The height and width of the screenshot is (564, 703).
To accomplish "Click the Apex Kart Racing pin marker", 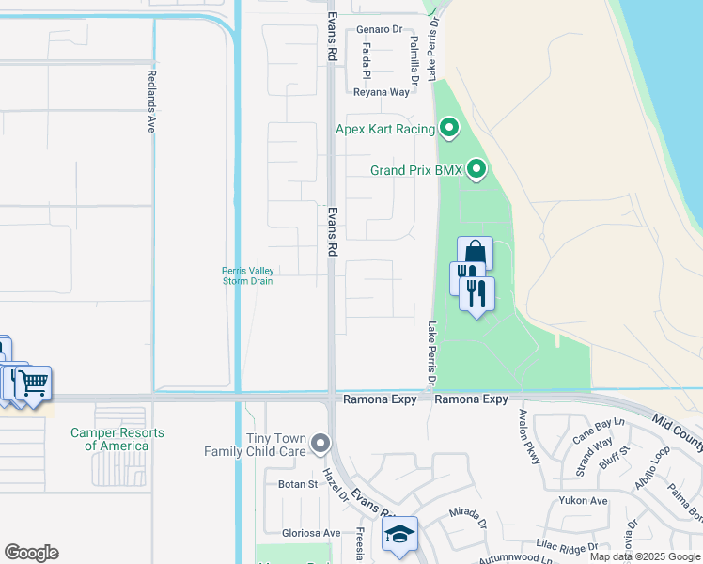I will click(449, 128).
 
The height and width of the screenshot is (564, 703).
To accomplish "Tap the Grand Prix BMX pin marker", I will click(476, 169).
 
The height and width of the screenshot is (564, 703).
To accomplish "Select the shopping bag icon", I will click(475, 254).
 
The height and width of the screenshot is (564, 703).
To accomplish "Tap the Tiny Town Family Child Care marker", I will click(321, 442).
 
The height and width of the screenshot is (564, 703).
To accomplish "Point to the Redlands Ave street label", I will click(150, 100).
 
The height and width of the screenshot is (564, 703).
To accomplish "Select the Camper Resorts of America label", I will click(117, 439).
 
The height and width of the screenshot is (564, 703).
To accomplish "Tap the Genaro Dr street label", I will click(379, 30).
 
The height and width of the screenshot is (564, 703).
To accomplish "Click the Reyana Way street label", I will click(382, 92).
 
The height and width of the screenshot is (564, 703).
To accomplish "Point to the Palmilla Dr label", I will click(414, 55).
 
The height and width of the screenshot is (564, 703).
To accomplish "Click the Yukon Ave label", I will click(583, 501).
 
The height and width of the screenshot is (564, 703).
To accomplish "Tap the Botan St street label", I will click(299, 485).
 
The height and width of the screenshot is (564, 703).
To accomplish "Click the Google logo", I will click(31, 553).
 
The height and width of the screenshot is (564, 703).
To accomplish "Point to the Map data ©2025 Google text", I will click(645, 556).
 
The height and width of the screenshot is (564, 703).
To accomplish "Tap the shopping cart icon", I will click(34, 384).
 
